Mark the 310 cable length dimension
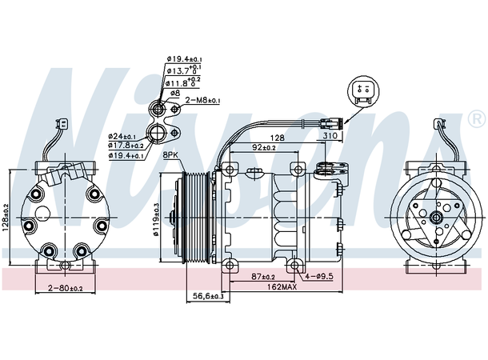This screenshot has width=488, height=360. point(329,137)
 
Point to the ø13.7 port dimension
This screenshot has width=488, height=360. point(183,70)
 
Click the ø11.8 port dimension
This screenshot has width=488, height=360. point(183,82)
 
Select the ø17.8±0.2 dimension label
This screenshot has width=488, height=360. point(126,145)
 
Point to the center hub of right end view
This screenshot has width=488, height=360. point(437,216)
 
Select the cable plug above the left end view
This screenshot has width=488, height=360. point(62,124)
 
